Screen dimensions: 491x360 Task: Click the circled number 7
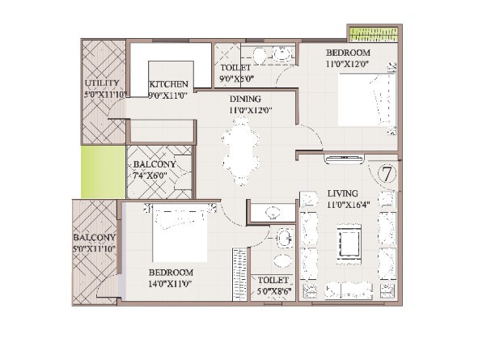[x=387, y=174]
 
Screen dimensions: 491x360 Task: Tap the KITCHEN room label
[x=168, y=84]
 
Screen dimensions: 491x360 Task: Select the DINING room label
[x=245, y=99]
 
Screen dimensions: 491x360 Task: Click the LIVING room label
[x=343, y=193]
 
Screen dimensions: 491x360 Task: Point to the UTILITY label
[x=102, y=83]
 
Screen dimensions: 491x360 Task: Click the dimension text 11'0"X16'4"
[x=349, y=205]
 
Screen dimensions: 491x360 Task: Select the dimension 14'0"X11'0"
[x=170, y=284]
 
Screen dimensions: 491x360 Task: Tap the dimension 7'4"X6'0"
[x=150, y=176]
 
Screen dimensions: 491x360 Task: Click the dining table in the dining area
[x=241, y=151]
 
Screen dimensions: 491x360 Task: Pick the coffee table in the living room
[x=349, y=241]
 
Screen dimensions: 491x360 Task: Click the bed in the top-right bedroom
[x=367, y=100]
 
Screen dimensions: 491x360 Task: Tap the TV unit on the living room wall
[x=345, y=159]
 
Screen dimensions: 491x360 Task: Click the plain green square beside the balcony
[x=104, y=172]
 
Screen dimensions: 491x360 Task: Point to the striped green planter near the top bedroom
[x=374, y=35]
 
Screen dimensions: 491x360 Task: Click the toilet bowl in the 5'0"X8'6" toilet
[x=282, y=260]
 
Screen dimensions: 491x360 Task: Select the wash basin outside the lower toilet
[x=273, y=213]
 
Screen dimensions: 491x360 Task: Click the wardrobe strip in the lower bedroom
[x=239, y=275]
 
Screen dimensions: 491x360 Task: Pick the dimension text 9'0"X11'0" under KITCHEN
[x=167, y=95]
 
